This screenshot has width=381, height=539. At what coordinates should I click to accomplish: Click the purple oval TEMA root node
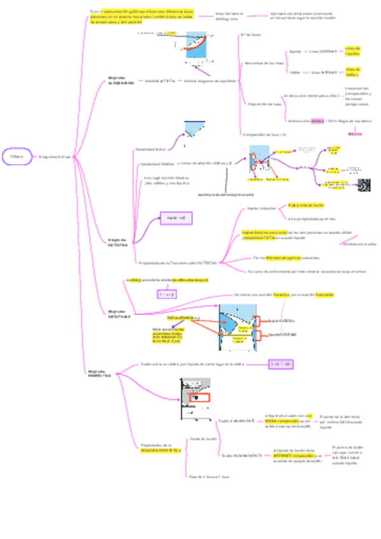[18, 156]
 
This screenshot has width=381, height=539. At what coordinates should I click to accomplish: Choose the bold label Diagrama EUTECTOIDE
[120, 313]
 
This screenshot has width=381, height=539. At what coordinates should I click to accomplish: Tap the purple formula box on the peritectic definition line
[280, 364]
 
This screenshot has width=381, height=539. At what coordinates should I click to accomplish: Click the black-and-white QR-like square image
[364, 184]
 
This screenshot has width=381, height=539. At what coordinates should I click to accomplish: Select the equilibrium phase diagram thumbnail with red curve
[197, 45]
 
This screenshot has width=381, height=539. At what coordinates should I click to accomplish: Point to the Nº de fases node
[251, 36]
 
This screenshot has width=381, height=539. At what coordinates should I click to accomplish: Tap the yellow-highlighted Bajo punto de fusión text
[306, 205]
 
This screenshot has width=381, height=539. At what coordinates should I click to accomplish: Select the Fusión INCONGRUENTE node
[242, 454]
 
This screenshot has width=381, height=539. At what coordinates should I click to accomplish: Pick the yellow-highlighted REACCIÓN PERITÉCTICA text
[161, 449]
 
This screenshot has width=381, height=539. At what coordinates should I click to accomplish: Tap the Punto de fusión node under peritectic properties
[204, 439]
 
